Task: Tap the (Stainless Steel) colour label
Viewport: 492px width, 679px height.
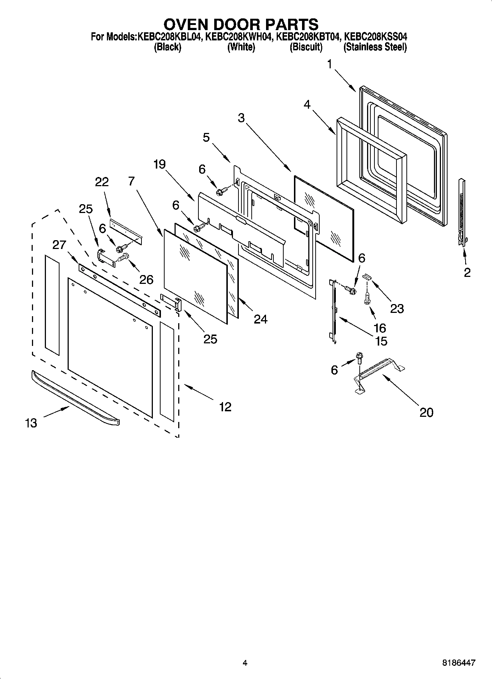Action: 375,47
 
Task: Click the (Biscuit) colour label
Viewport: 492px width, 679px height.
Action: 306,47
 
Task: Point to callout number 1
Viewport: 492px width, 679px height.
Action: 330,65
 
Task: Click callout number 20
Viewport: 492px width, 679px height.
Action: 426,412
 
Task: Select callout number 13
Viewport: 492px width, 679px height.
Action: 31,423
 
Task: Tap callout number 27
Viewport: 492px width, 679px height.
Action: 59,245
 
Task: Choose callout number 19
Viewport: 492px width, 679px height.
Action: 159,164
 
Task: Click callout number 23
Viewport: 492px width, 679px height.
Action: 397,308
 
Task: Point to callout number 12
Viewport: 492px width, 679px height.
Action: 225,407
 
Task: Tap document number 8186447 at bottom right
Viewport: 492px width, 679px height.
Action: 458,663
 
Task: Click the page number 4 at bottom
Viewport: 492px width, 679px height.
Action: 245,663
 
